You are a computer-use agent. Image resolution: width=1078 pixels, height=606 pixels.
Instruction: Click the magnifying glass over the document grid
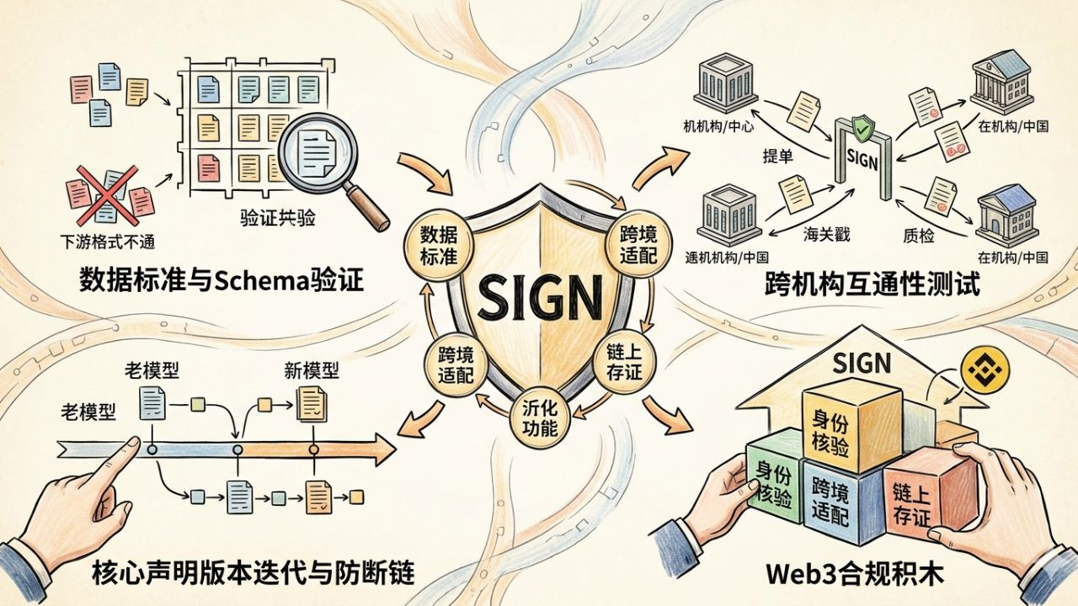point(319,151)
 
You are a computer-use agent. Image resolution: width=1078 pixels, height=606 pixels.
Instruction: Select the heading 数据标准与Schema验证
point(221,279)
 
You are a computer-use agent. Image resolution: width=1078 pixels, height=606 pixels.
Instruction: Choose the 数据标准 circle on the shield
point(438,244)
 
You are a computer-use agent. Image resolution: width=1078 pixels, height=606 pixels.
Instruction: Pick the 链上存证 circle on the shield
point(624,362)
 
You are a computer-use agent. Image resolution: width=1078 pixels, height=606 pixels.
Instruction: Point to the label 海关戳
point(825,235)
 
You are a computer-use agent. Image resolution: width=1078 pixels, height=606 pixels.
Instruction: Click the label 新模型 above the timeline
point(311,370)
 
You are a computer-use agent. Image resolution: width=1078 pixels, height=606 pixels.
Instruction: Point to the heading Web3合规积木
point(855,575)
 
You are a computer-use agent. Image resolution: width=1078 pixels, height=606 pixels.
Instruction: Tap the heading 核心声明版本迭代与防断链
point(252,574)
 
